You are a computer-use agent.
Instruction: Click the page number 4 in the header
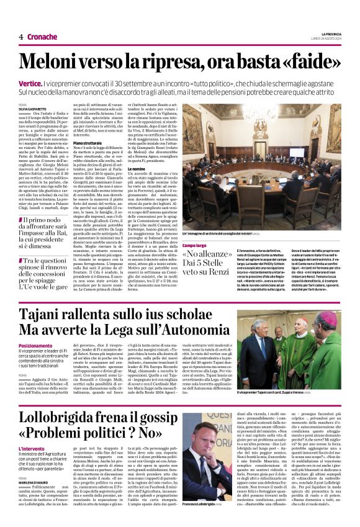point(21,37)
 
